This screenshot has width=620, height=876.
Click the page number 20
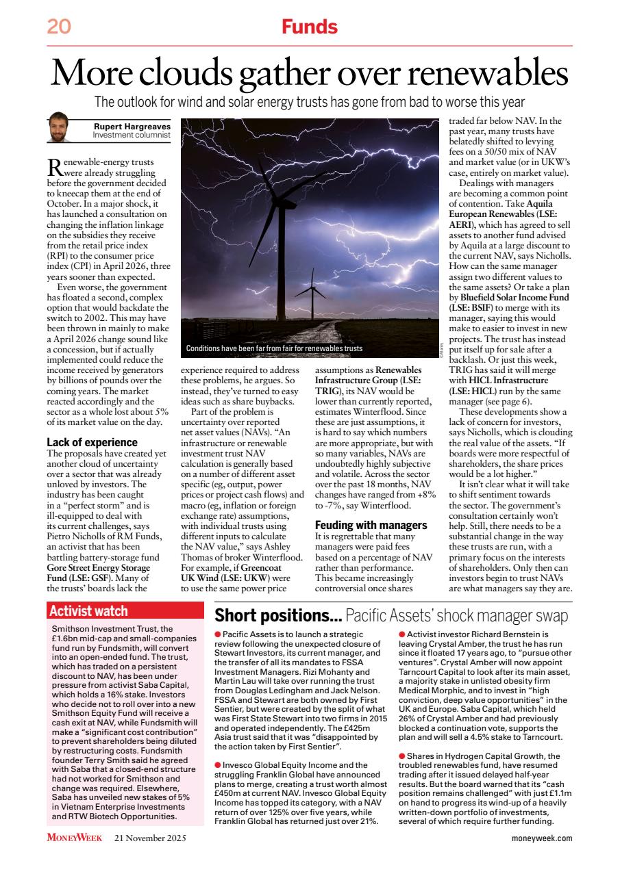[59, 27]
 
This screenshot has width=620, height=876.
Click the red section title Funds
[310, 27]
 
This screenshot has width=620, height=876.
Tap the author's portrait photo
[60, 128]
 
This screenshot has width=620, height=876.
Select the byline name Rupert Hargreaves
[132, 125]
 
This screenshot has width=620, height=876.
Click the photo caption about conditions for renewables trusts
[274, 348]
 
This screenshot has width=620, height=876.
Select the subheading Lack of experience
[92, 442]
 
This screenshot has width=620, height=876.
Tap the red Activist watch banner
[127, 611]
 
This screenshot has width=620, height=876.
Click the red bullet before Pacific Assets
[218, 634]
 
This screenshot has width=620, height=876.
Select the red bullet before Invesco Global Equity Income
[218, 764]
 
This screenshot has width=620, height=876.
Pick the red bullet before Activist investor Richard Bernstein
[401, 634]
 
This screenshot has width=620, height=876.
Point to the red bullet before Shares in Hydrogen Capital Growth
[401, 756]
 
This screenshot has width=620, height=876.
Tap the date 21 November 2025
[150, 838]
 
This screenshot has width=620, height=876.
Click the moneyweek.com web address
[541, 838]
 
